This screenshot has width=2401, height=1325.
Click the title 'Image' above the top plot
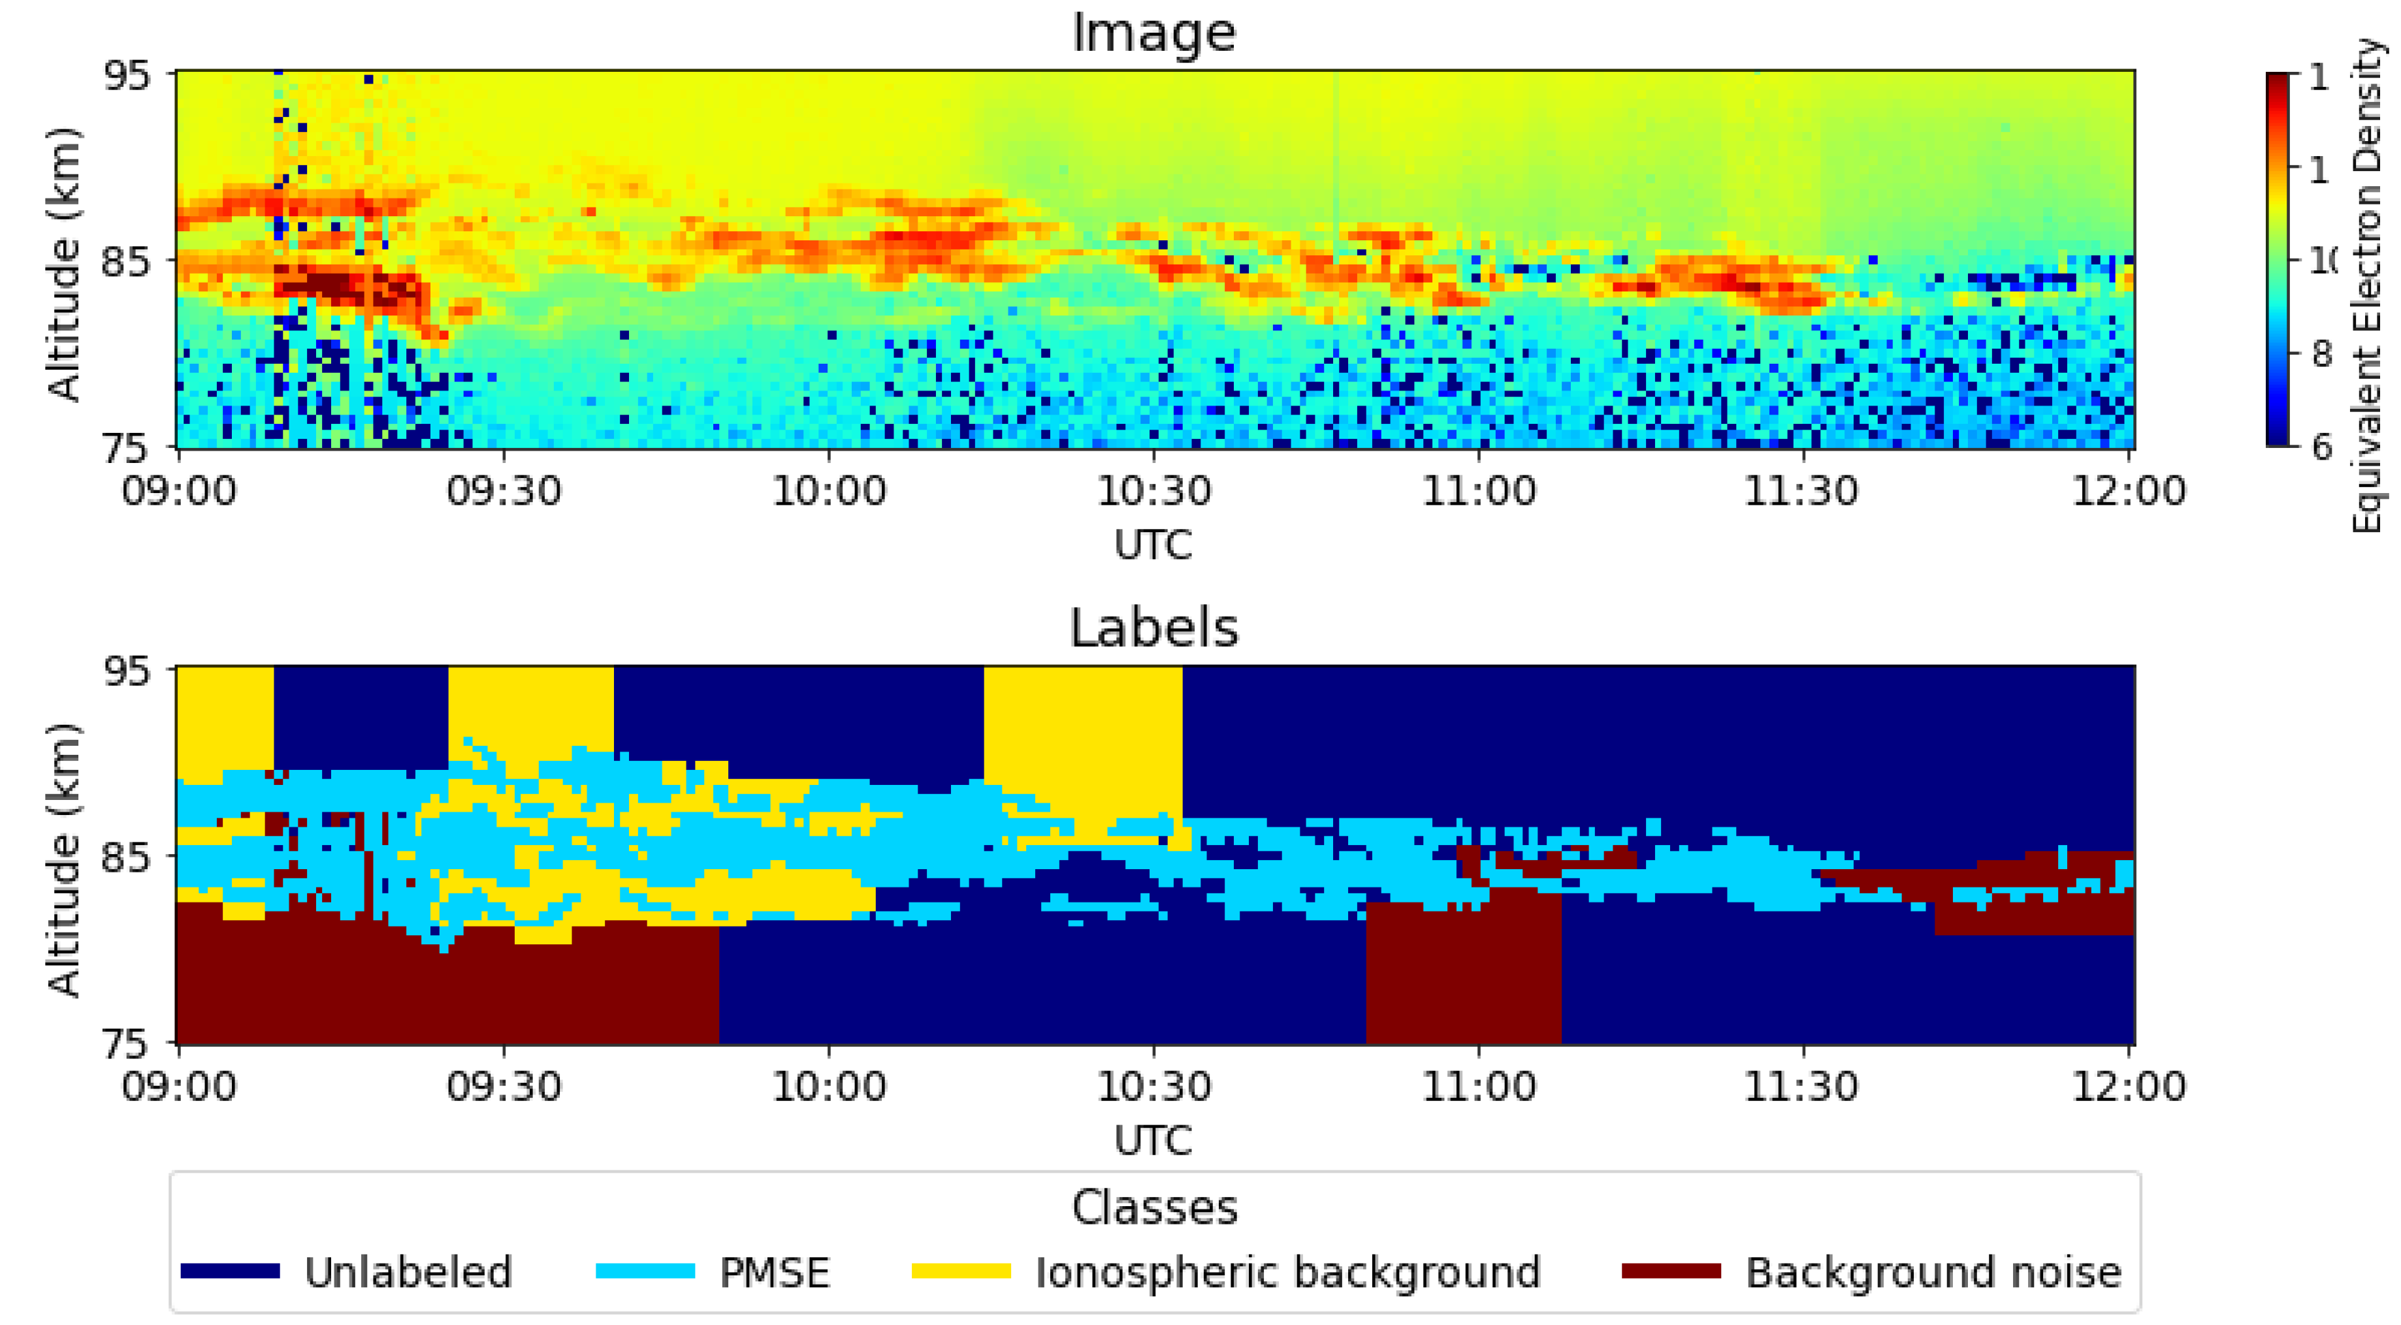click(1154, 33)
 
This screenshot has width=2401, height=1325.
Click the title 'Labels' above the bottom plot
click(1154, 628)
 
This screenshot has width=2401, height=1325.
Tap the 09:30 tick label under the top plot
click(504, 491)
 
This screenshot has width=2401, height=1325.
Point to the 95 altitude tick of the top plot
click(126, 74)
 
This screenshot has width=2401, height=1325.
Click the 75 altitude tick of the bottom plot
click(126, 1044)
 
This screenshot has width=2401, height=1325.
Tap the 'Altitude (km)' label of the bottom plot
click(63, 857)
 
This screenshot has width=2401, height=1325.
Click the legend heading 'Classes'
click(1154, 1209)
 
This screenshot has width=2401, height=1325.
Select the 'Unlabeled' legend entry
click(408, 1273)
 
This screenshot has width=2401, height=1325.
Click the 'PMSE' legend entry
click(773, 1273)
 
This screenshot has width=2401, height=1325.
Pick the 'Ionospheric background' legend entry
click(1288, 1273)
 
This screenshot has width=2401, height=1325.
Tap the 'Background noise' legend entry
click(1933, 1273)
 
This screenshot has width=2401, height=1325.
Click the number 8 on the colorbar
click(2321, 354)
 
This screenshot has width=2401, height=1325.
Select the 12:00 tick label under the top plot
click(2129, 491)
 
